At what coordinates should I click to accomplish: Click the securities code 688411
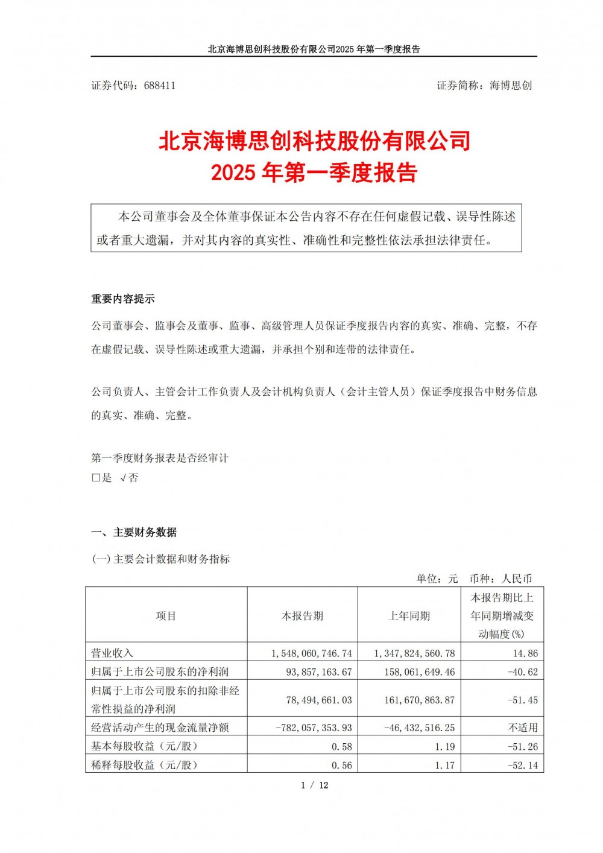(160, 86)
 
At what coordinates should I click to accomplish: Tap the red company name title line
(314, 141)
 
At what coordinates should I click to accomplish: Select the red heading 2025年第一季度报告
(314, 173)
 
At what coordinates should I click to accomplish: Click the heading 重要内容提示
(123, 299)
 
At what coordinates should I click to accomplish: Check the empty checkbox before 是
(95, 478)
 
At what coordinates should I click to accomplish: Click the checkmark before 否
(123, 478)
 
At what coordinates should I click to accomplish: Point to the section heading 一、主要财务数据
(134, 532)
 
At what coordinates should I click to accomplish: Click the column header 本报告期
(302, 616)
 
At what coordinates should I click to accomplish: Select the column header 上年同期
(409, 616)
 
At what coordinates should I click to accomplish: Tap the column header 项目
(166, 616)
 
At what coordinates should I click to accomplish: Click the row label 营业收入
(112, 653)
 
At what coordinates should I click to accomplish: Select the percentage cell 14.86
(523, 653)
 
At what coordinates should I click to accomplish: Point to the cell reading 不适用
(522, 728)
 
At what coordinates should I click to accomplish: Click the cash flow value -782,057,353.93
(314, 728)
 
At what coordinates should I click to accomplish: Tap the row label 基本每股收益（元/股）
(144, 746)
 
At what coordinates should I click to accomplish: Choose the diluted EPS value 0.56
(342, 765)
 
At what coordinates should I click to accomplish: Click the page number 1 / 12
(314, 785)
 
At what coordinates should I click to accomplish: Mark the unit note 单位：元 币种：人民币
(474, 579)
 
